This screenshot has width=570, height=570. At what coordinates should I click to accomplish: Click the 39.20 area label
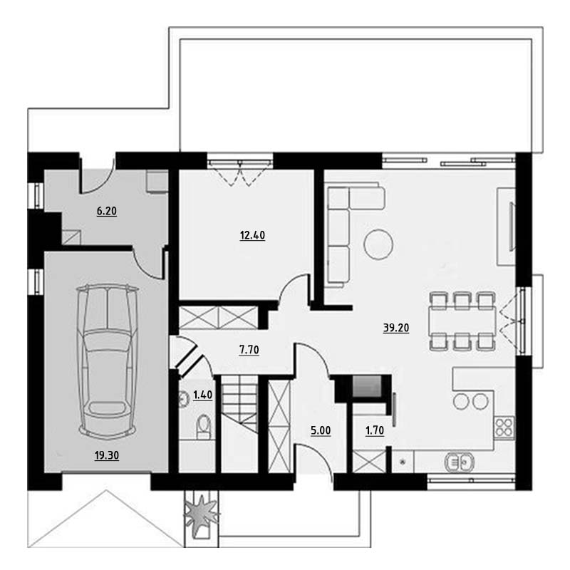click(396, 328)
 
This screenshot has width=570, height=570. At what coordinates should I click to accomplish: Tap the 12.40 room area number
click(252, 235)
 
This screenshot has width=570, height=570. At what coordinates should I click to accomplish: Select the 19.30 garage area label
click(106, 455)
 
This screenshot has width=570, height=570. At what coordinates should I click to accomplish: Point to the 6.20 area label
click(106, 211)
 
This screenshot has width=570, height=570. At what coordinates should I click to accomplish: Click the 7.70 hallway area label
click(249, 350)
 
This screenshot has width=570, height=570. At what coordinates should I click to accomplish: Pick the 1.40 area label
click(202, 395)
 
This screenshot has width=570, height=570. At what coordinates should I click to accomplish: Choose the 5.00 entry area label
click(321, 430)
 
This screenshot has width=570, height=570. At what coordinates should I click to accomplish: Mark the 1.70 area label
click(375, 430)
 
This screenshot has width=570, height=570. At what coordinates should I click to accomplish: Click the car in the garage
click(108, 361)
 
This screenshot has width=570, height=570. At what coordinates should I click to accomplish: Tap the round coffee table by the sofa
click(378, 244)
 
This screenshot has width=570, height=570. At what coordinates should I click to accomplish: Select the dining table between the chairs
click(462, 321)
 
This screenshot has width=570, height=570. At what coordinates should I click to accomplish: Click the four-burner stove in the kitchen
click(504, 427)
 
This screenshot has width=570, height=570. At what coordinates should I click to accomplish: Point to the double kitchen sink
click(460, 462)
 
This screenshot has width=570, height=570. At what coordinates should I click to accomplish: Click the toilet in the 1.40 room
click(203, 427)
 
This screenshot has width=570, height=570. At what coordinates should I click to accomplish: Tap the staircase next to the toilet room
click(239, 405)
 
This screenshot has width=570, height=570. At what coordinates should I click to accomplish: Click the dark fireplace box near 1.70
click(367, 386)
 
